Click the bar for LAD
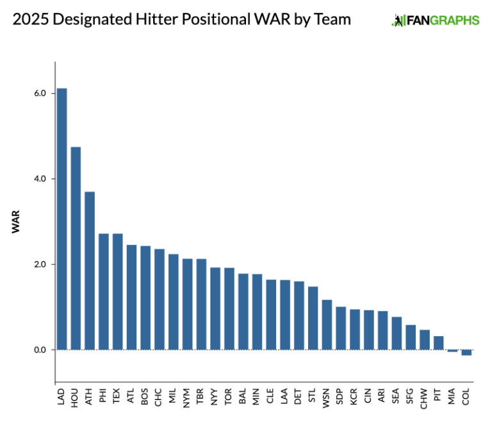click(x=61, y=218)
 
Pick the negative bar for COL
click(x=466, y=352)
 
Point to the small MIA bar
click(x=452, y=351)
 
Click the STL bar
click(x=313, y=318)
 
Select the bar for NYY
click(x=215, y=308)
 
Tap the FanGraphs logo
click(x=435, y=20)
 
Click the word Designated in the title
click(x=94, y=19)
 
